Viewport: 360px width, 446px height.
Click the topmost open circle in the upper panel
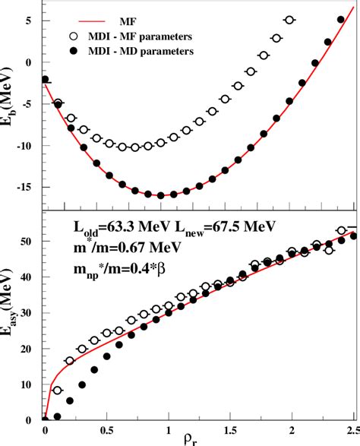coord(289,21)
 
